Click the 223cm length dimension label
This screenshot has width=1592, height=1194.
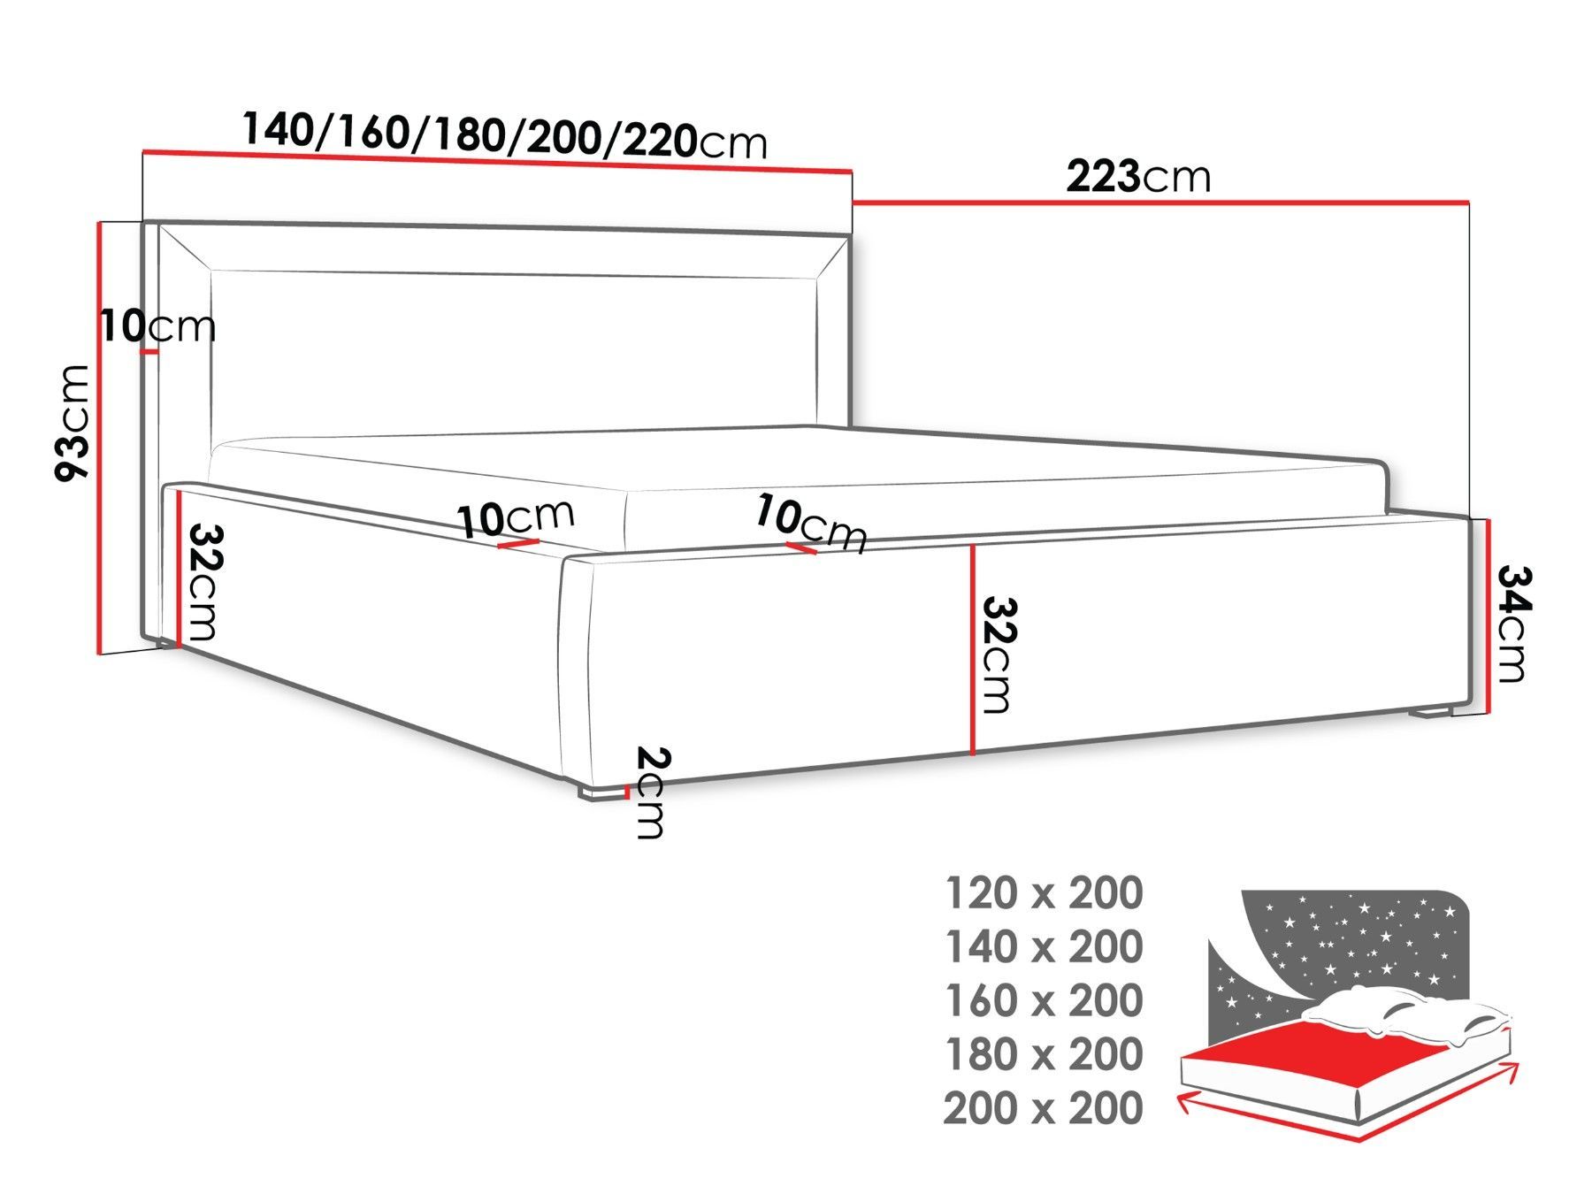click(x=1137, y=177)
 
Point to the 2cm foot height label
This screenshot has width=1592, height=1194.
click(x=653, y=792)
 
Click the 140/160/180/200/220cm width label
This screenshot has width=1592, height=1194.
click(x=505, y=134)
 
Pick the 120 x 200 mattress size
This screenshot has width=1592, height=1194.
click(x=1045, y=893)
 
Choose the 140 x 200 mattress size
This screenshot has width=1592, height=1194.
click(x=1045, y=947)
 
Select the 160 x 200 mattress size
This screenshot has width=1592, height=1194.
click(x=1045, y=1001)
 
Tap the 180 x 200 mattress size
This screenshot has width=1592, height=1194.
click(x=1045, y=1054)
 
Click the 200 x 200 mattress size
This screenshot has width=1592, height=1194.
click(x=1044, y=1108)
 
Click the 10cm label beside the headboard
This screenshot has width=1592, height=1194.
click(x=157, y=326)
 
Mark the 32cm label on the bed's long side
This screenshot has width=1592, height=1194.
click(x=996, y=655)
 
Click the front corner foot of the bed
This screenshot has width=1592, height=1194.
click(x=598, y=792)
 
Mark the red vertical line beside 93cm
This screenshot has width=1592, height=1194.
click(x=99, y=439)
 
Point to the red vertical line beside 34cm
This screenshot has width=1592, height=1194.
click(x=1489, y=616)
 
